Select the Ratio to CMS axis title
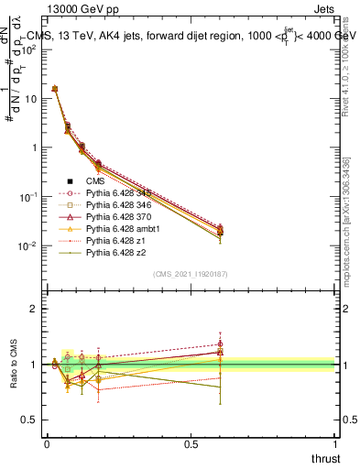pyautogui.click(x=14, y=365)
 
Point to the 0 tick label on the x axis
pyautogui.click(x=47, y=443)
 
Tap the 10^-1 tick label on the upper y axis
pyautogui.click(x=27, y=197)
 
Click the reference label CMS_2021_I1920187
pyautogui.click(x=191, y=274)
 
